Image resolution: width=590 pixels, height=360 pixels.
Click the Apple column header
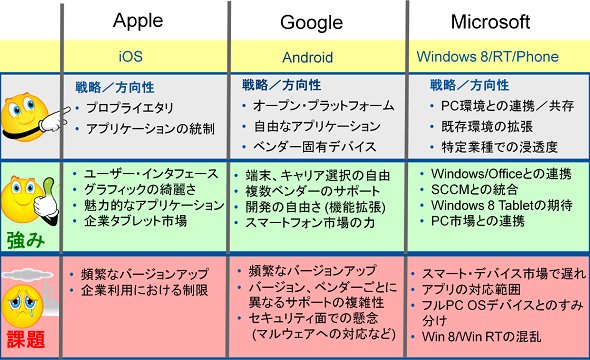(x=138, y=21)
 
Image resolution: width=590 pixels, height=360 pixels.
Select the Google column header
(x=312, y=22)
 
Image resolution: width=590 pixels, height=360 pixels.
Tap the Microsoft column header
(x=490, y=22)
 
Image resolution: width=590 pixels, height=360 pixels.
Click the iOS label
(x=131, y=56)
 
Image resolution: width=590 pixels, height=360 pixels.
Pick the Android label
(x=307, y=57)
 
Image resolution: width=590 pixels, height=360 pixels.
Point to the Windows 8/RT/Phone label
(x=487, y=56)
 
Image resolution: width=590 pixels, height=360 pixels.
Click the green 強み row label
(x=26, y=240)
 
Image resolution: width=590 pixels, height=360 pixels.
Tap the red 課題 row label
(x=26, y=339)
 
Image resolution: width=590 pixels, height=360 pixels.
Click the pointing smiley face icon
(x=34, y=117)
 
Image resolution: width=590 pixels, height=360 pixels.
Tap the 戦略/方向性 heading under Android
(x=281, y=85)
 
